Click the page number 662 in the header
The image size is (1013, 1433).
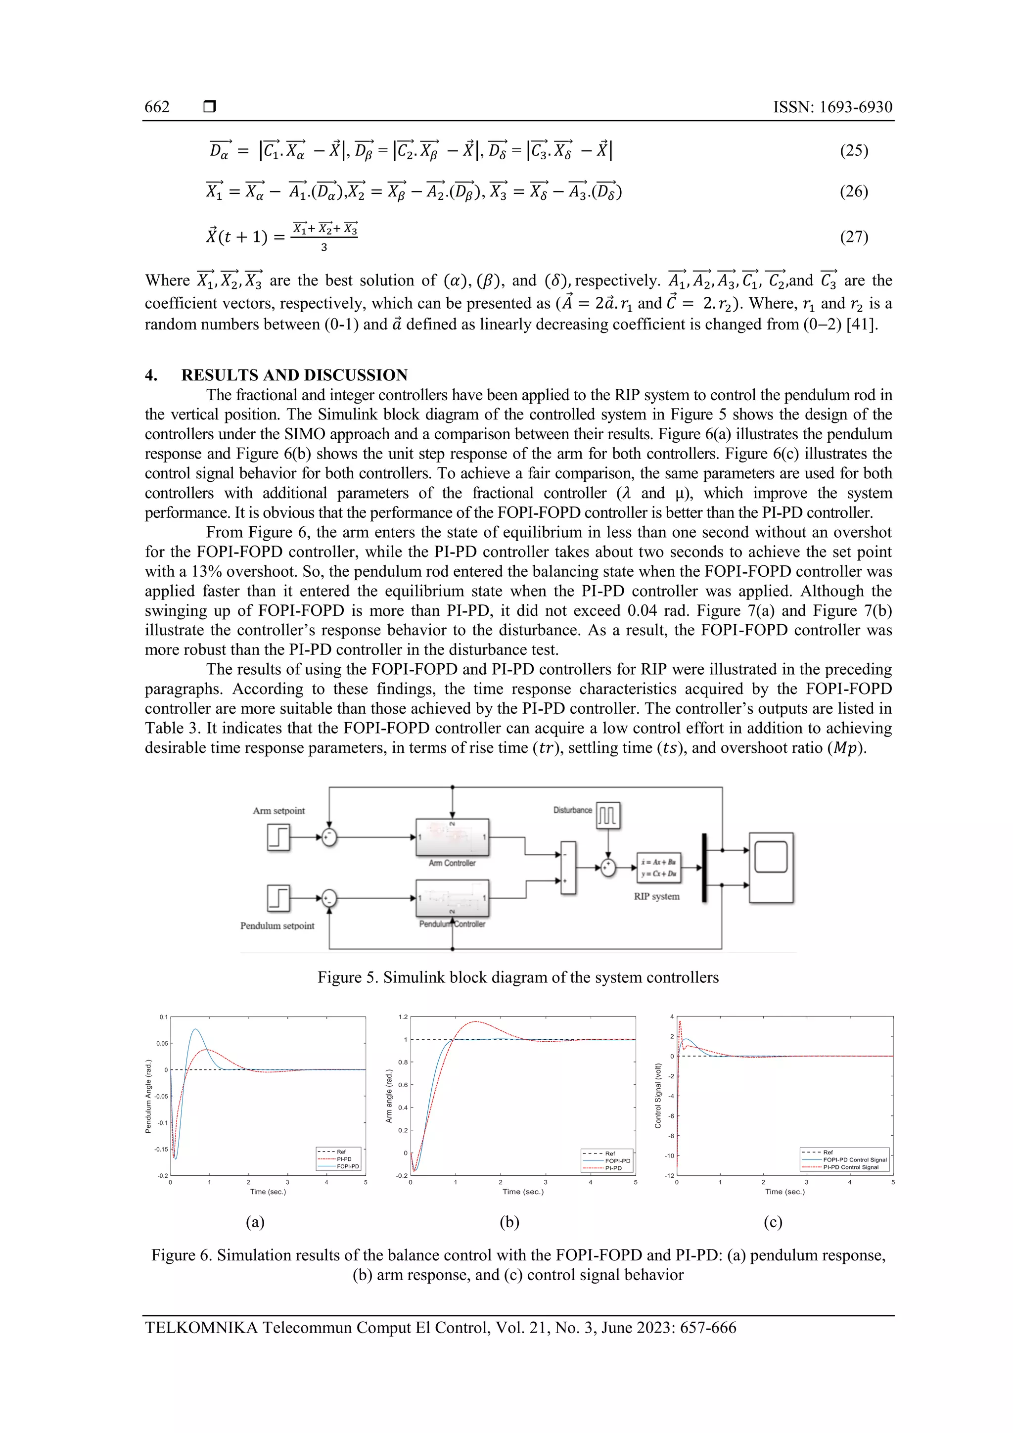(157, 107)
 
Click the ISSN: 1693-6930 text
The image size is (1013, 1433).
(832, 107)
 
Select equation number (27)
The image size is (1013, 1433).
(853, 236)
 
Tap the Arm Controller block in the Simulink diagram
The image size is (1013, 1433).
(452, 837)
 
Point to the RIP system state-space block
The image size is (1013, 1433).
(658, 868)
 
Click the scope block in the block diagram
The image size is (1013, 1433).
(771, 868)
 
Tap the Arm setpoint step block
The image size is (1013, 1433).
(278, 837)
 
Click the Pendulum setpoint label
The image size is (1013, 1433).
(277, 925)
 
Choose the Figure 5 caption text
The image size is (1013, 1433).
(518, 977)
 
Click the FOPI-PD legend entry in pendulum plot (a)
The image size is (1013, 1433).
(348, 1166)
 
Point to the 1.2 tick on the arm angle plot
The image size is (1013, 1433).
(403, 1017)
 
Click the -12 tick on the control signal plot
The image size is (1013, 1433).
(669, 1176)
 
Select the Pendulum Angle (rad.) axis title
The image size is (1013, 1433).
(148, 1096)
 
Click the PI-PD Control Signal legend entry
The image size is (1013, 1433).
(850, 1167)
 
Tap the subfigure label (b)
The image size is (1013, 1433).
(509, 1222)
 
